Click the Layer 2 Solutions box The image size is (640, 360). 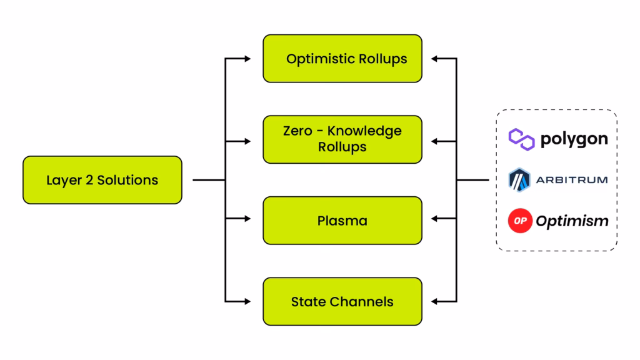coord(102,180)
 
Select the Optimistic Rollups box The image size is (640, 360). coord(342,59)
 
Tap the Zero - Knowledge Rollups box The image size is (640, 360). coord(342,139)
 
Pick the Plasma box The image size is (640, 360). coord(342,221)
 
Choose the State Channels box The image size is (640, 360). coord(342,302)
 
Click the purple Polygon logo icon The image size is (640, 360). coord(521,138)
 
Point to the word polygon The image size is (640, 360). coord(574,139)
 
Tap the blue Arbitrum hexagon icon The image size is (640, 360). coord(519,180)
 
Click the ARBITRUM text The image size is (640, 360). coord(571,180)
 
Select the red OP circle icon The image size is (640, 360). coord(519,221)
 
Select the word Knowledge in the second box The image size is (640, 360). coord(366,132)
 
